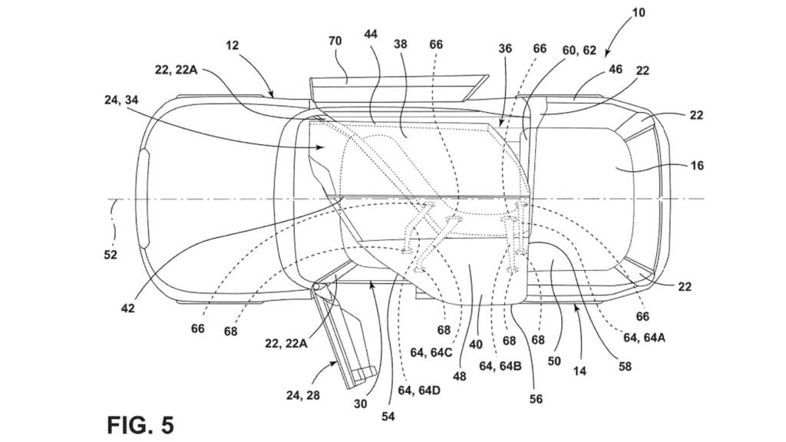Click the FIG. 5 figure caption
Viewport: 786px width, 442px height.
pyautogui.click(x=140, y=425)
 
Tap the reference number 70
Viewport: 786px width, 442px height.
pyautogui.click(x=335, y=41)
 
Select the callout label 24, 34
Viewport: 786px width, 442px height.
pyautogui.click(x=121, y=101)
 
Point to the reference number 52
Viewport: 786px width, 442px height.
pyautogui.click(x=111, y=255)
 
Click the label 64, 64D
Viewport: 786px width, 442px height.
pyautogui.click(x=419, y=389)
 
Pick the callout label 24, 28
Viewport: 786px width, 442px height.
pyautogui.click(x=302, y=395)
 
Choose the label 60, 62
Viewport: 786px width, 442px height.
pyautogui.click(x=579, y=50)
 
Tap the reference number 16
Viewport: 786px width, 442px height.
pyautogui.click(x=697, y=165)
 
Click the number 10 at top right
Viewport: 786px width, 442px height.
pyautogui.click(x=638, y=12)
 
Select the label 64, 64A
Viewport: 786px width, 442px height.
pyautogui.click(x=645, y=338)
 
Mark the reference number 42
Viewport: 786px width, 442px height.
pyautogui.click(x=128, y=308)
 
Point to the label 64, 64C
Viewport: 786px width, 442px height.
pyautogui.click(x=431, y=352)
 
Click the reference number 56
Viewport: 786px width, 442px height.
pyautogui.click(x=536, y=399)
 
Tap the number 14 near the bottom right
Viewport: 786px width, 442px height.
pyautogui.click(x=580, y=371)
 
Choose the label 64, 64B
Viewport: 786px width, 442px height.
pyautogui.click(x=500, y=366)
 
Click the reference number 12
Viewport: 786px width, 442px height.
pyautogui.click(x=232, y=45)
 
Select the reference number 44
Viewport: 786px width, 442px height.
pyautogui.click(x=371, y=34)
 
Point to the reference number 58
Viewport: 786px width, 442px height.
pyautogui.click(x=625, y=367)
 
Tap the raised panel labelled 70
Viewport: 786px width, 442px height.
pyautogui.click(x=396, y=88)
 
